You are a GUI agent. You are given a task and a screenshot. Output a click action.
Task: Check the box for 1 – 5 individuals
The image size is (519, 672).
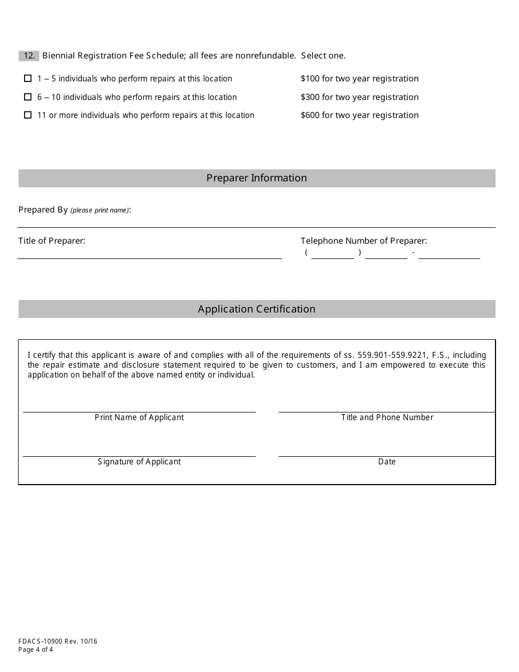tap(28, 79)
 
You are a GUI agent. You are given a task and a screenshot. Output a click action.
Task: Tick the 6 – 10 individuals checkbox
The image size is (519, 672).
tap(28, 97)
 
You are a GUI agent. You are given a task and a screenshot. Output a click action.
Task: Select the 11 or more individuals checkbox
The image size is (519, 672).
tap(28, 115)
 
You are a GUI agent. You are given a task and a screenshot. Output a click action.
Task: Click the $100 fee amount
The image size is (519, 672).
tap(310, 79)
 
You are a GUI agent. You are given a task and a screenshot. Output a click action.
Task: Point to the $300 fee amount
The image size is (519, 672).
tap(310, 97)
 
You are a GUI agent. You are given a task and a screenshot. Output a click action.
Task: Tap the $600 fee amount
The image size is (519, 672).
tap(310, 115)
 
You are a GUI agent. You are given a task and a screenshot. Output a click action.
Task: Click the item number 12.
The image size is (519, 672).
tap(29, 56)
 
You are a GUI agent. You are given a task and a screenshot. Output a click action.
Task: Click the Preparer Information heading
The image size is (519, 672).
tap(256, 178)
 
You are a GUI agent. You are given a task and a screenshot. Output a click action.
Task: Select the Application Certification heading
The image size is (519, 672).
tap(256, 309)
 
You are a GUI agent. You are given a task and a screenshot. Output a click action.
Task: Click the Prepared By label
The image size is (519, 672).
tap(43, 210)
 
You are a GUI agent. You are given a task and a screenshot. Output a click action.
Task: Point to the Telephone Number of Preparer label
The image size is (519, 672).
tap(363, 241)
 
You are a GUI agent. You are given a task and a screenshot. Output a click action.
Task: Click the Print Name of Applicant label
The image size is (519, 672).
tap(139, 417)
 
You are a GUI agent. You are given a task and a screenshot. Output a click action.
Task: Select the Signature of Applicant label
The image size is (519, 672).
tap(139, 462)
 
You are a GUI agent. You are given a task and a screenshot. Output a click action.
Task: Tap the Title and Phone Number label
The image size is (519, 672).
tap(387, 417)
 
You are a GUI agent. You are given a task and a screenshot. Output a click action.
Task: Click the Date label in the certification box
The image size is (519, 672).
tap(387, 462)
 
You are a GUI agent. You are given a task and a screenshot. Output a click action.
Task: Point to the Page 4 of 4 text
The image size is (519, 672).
tap(36, 650)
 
